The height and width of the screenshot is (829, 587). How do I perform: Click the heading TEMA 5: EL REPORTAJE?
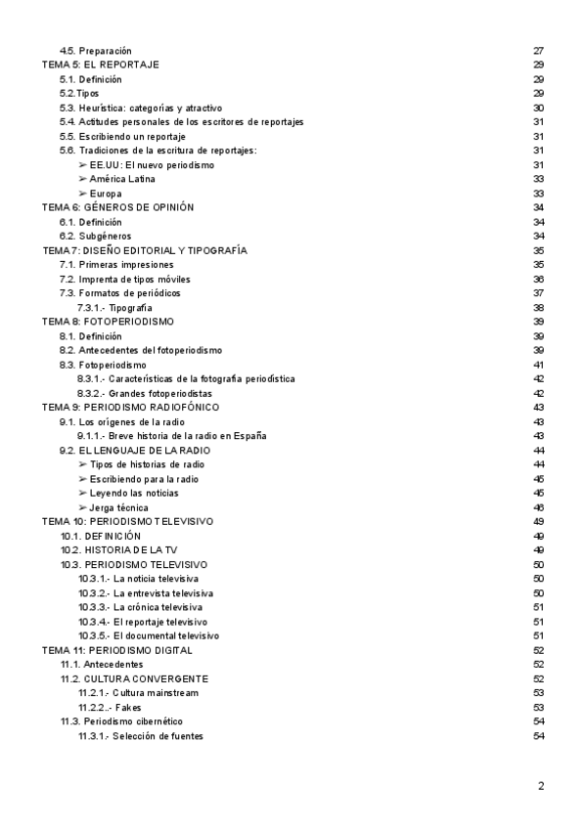(101, 65)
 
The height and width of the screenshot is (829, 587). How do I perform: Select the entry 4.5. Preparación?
(95, 50)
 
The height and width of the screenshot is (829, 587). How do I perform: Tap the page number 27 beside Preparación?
(538, 50)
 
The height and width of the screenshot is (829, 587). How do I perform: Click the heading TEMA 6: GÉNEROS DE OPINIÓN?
(117, 208)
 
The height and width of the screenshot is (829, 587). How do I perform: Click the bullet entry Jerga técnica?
(113, 508)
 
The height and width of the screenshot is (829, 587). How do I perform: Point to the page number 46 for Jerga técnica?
(538, 508)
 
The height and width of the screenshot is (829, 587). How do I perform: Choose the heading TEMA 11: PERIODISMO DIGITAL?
(116, 650)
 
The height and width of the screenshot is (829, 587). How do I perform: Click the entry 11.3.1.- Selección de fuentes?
(141, 736)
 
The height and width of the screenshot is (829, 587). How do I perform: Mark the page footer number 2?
(541, 786)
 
